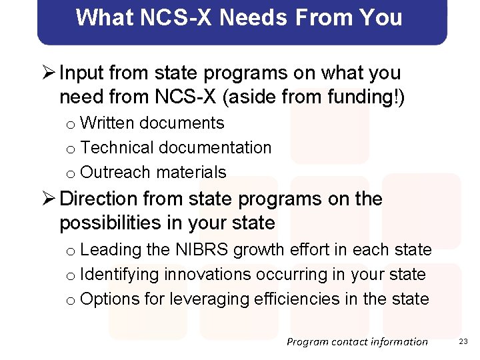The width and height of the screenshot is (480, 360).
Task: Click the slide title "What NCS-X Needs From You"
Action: click(239, 17)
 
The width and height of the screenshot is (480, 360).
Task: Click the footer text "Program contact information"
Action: click(357, 341)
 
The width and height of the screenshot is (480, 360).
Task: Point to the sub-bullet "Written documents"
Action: click(152, 123)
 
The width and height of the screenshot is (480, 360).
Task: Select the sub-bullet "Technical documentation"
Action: click(175, 147)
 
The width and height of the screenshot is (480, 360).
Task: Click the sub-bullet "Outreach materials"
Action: click(153, 172)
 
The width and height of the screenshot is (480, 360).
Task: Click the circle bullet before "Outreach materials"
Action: click(70, 173)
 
